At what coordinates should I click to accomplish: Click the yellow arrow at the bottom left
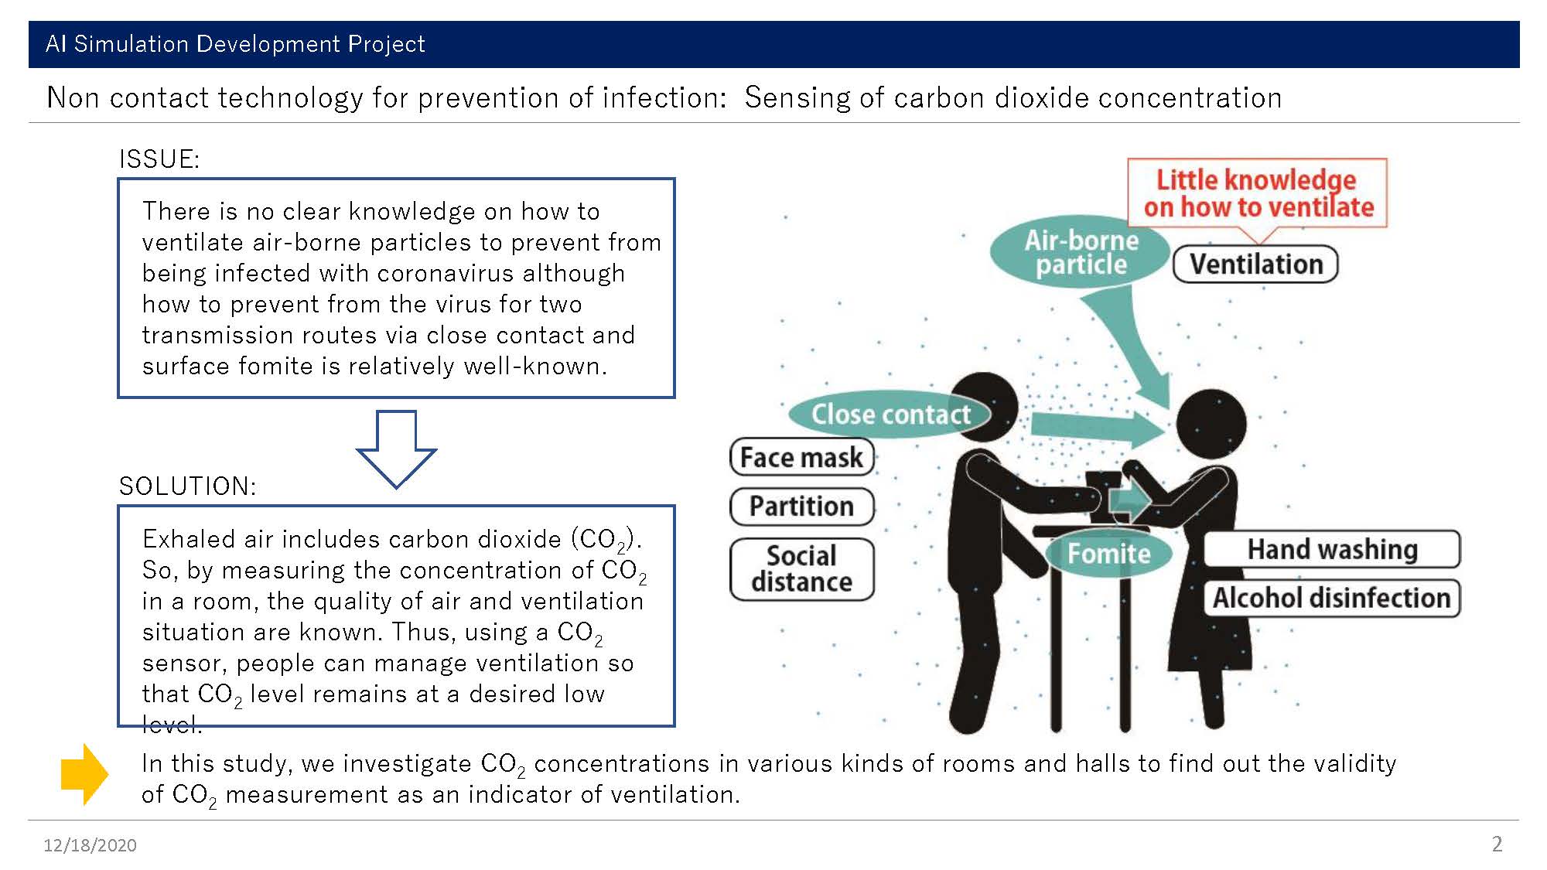pyautogui.click(x=84, y=774)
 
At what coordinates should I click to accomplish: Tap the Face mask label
pyautogui.click(x=801, y=457)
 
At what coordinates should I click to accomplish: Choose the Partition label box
pyautogui.click(x=801, y=507)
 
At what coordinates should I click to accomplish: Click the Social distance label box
pyautogui.click(x=801, y=569)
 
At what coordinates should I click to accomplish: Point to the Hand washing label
pyautogui.click(x=1331, y=549)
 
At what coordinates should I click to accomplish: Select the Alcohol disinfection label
pyautogui.click(x=1331, y=598)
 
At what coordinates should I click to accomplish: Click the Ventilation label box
pyautogui.click(x=1255, y=264)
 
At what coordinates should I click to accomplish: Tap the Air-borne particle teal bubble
pyautogui.click(x=1081, y=252)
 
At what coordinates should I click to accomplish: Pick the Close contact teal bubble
pyautogui.click(x=890, y=415)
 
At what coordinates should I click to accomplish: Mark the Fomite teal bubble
pyautogui.click(x=1108, y=554)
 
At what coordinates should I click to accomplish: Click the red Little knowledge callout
pyautogui.click(x=1258, y=193)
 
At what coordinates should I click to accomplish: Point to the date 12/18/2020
pyautogui.click(x=90, y=845)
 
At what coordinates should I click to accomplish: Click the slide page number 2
pyautogui.click(x=1497, y=844)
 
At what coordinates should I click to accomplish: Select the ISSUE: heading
pyautogui.click(x=159, y=159)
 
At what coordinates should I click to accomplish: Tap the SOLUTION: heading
pyautogui.click(x=187, y=486)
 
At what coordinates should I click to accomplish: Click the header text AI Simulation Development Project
pyautogui.click(x=235, y=44)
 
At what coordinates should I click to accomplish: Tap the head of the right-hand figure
pyautogui.click(x=1211, y=424)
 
